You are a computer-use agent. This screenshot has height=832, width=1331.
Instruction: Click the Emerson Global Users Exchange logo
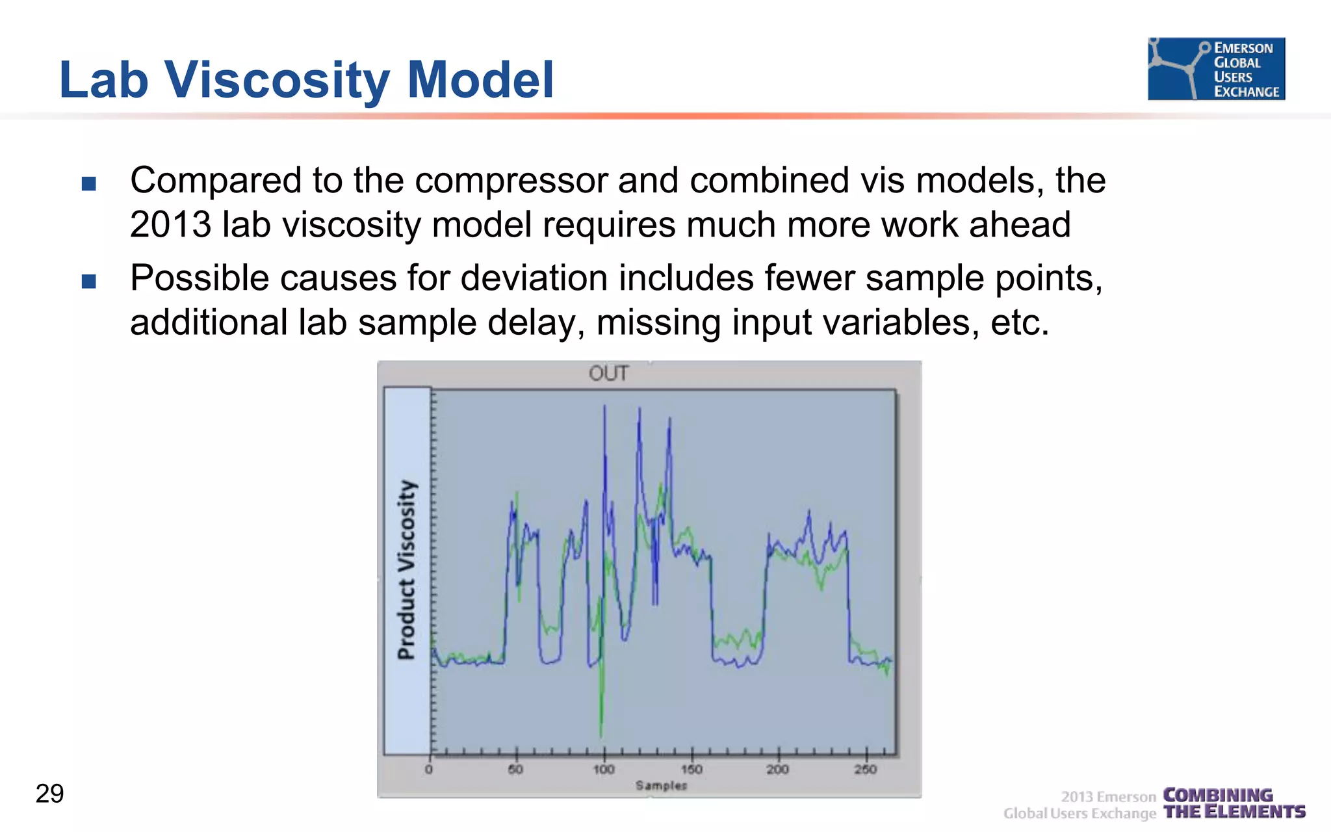pyautogui.click(x=1216, y=69)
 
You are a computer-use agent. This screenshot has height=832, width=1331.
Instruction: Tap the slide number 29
pyautogui.click(x=50, y=794)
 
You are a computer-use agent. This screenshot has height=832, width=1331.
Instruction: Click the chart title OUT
pyautogui.click(x=608, y=374)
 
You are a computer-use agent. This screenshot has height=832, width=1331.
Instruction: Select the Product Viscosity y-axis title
pyautogui.click(x=407, y=570)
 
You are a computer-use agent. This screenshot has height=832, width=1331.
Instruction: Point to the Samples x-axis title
pyautogui.click(x=661, y=786)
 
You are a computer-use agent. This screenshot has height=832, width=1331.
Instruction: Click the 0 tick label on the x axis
pyautogui.click(x=429, y=770)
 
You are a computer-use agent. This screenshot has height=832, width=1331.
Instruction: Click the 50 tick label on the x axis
pyautogui.click(x=515, y=770)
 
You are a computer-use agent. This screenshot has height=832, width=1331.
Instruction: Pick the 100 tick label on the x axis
pyautogui.click(x=604, y=770)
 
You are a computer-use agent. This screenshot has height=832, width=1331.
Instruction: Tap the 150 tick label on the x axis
pyautogui.click(x=691, y=770)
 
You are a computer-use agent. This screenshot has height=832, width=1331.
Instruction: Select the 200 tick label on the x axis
pyautogui.click(x=777, y=770)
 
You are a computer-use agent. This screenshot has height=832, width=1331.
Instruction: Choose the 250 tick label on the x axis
pyautogui.click(x=865, y=770)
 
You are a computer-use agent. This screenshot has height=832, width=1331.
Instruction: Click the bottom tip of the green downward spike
pyautogui.click(x=601, y=736)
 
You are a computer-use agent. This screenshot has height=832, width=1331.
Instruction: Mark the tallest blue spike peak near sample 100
pyautogui.click(x=605, y=407)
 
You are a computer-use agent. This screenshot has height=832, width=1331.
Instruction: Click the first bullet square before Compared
pyautogui.click(x=89, y=183)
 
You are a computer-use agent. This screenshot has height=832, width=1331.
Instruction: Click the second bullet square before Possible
pyautogui.click(x=89, y=281)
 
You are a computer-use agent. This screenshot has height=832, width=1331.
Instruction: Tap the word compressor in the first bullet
pyautogui.click(x=511, y=181)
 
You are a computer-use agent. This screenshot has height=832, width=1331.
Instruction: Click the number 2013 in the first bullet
pyautogui.click(x=170, y=225)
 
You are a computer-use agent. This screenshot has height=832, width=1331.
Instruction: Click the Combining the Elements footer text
pyautogui.click(x=1234, y=803)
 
